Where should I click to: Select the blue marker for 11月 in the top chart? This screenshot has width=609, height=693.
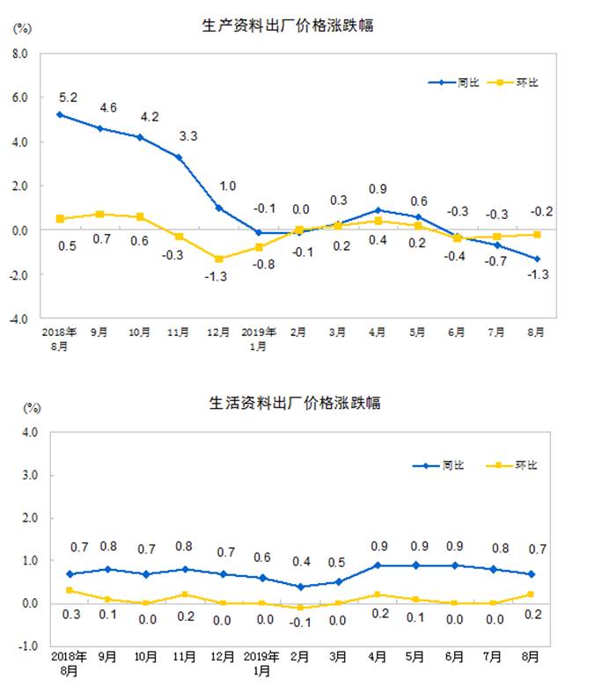(180, 157)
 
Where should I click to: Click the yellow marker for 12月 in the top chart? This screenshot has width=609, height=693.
(218, 259)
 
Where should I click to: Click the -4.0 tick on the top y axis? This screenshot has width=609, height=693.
(18, 318)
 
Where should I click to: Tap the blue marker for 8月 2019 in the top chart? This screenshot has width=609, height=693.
(536, 259)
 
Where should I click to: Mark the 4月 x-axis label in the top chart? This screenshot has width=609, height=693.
(378, 332)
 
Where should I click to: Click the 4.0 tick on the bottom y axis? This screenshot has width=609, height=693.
(27, 432)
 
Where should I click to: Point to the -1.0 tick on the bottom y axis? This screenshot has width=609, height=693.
(26, 646)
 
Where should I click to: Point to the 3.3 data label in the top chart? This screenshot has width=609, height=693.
(188, 137)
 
